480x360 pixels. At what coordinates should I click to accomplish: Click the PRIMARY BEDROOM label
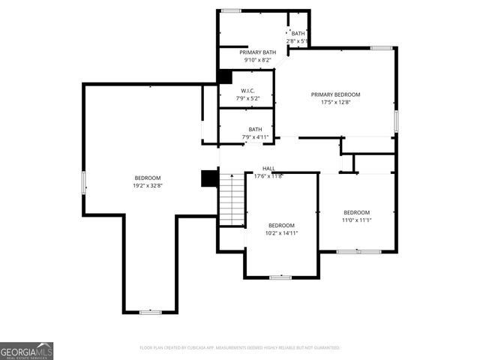click(335, 94)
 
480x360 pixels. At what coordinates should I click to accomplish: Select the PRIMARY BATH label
click(257, 52)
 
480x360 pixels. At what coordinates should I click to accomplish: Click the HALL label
click(268, 169)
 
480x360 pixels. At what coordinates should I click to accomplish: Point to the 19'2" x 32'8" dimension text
click(148, 185)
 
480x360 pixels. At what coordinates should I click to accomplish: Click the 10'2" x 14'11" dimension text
click(281, 233)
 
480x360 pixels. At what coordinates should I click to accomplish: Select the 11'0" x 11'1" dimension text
click(356, 220)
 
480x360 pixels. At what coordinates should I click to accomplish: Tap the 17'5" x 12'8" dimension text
click(335, 102)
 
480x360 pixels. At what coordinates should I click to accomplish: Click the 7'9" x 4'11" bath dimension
click(256, 137)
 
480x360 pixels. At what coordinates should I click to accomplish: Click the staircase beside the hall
click(232, 199)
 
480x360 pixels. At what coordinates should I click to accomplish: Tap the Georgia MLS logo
click(26, 350)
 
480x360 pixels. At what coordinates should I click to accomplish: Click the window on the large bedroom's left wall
click(84, 182)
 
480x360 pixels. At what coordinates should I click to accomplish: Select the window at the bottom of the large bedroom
click(150, 311)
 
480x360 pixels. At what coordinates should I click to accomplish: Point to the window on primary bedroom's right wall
click(396, 120)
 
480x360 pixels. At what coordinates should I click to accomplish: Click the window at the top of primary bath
click(231, 10)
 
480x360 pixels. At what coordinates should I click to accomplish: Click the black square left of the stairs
click(209, 178)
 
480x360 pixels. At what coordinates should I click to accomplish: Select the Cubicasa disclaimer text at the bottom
click(240, 348)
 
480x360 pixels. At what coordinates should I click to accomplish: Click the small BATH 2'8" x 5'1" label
click(298, 37)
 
